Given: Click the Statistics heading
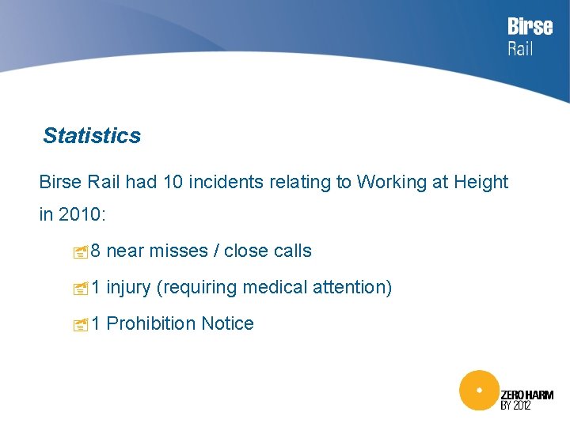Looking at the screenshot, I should click(x=92, y=136).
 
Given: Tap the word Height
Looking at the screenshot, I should click(x=481, y=183).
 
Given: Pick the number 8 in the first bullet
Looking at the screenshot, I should click(x=96, y=251).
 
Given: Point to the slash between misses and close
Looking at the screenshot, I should click(x=216, y=251).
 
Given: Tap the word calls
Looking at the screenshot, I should click(x=292, y=251).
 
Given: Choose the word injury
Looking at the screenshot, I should click(x=128, y=288).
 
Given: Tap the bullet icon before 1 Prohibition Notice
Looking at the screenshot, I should click(x=78, y=325).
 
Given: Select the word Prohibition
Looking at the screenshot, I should click(x=150, y=324).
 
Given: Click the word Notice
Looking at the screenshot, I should click(x=227, y=324).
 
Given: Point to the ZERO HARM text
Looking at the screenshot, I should click(x=527, y=395).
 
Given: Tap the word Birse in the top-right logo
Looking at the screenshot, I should click(x=530, y=27).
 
